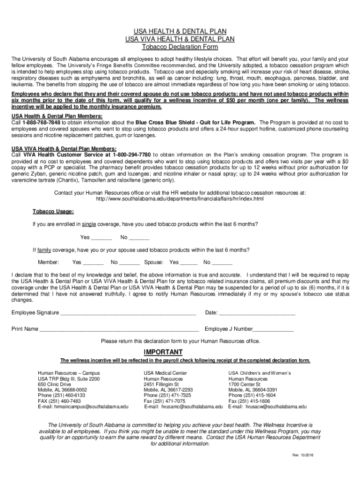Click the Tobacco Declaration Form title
coord(180,47)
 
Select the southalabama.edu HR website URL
coord(180,199)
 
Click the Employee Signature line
coord(135,313)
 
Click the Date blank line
coord(264,313)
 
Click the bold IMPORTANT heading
coord(163,352)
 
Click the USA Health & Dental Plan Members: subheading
coord(57,116)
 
